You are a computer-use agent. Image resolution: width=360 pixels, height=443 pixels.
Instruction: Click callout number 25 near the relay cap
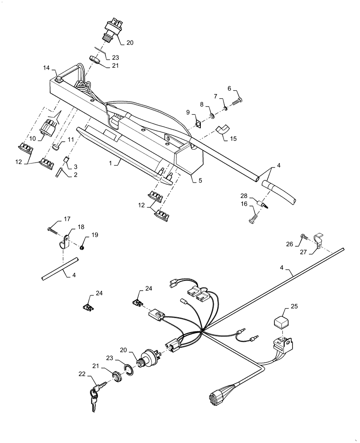point(295,306)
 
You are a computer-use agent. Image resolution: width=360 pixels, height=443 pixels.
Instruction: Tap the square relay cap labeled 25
point(280,321)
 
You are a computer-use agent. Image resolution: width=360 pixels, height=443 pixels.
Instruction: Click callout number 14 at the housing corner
point(47,68)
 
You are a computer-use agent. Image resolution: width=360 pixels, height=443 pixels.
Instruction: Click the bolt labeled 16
point(254,218)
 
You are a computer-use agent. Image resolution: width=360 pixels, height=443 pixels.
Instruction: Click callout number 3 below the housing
point(75,166)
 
